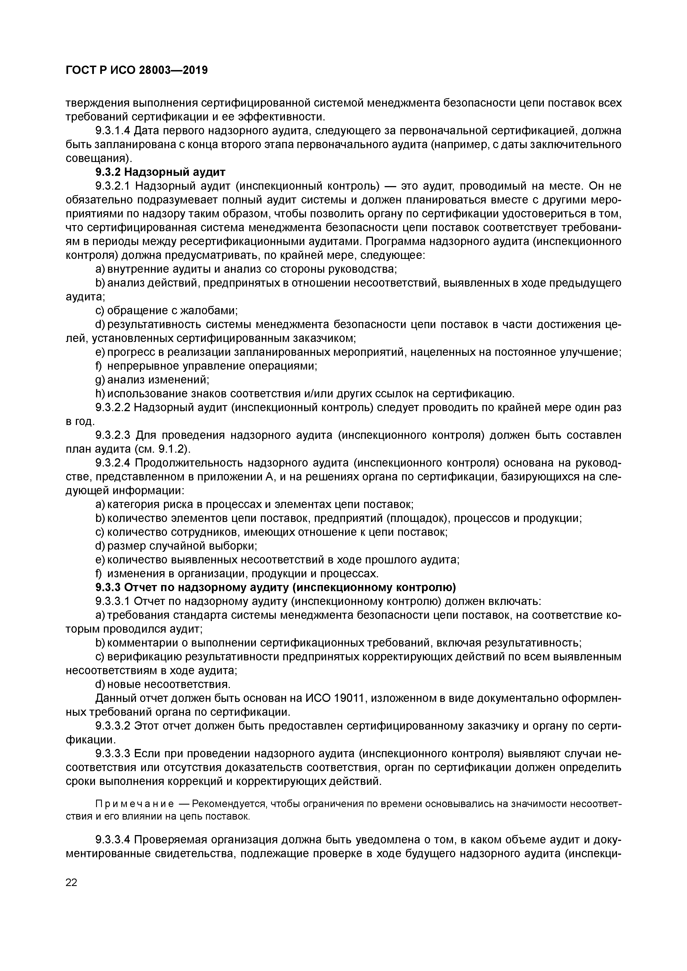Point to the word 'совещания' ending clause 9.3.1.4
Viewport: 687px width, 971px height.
96,159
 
